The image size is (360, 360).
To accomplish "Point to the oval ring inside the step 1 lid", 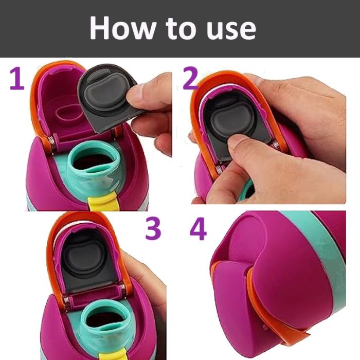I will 68,111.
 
